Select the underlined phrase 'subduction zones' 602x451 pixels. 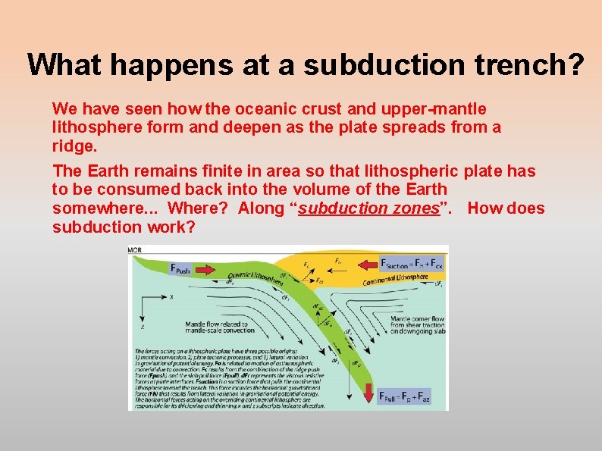369,208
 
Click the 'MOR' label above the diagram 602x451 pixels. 135,249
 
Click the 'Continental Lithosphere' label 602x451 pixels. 396,280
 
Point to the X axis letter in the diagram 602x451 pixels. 172,298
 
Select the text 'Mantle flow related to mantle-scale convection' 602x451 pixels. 221,327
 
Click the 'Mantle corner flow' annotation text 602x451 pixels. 417,320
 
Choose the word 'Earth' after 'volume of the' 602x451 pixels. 425,189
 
